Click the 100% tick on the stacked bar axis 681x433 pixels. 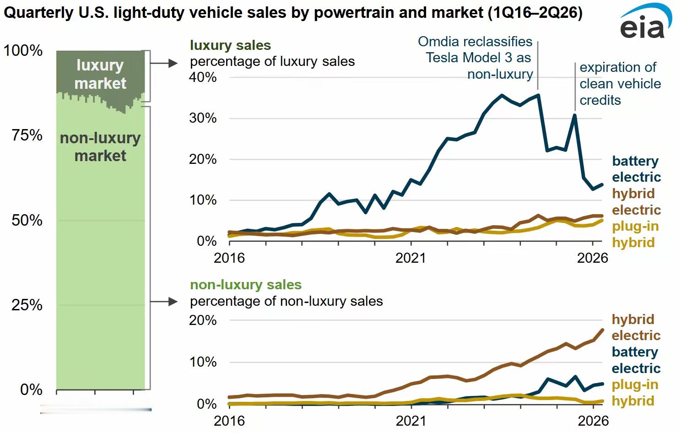point(23,50)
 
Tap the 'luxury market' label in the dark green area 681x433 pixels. point(100,74)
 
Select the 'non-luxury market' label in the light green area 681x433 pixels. point(100,147)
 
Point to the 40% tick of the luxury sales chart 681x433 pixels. point(203,77)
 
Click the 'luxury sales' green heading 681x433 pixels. point(231,46)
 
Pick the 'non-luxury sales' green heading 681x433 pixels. point(246,285)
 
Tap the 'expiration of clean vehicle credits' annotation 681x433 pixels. point(620,84)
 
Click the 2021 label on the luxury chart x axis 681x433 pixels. point(411,258)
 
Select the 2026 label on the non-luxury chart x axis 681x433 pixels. point(593,421)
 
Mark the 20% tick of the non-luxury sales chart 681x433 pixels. point(203,320)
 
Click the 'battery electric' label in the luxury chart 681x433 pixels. point(636,169)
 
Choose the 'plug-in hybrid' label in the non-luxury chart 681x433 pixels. point(635,393)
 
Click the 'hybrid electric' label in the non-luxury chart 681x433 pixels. point(636,327)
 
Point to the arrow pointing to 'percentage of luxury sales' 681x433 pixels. point(164,63)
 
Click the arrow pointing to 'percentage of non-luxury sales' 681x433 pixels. point(164,302)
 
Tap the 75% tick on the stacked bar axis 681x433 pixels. point(27,135)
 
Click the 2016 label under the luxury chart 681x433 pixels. point(229,258)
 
